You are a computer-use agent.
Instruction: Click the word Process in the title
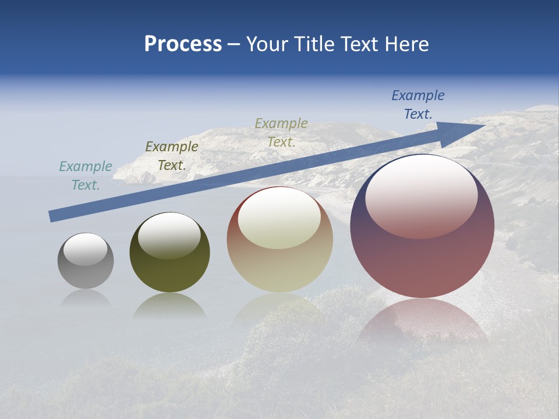click(x=183, y=44)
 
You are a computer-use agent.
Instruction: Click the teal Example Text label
click(x=86, y=176)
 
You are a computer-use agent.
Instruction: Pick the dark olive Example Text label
click(x=172, y=156)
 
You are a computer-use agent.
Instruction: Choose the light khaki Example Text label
click(x=281, y=133)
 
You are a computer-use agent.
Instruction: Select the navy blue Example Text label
click(x=418, y=105)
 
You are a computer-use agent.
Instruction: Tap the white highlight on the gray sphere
click(x=85, y=249)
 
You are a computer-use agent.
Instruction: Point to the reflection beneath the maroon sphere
click(x=423, y=320)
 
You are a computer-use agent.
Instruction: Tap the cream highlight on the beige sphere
click(x=279, y=218)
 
